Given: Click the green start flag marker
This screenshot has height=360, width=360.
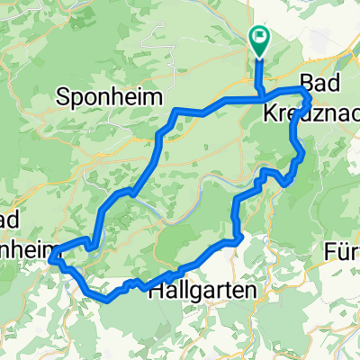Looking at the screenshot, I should coord(260,37).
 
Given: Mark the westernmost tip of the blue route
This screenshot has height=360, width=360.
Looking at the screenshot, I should coord(51,259).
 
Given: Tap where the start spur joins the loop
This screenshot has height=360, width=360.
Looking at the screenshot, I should coord(261,96).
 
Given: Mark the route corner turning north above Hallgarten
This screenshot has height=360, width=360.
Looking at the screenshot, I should coord(238,238).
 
